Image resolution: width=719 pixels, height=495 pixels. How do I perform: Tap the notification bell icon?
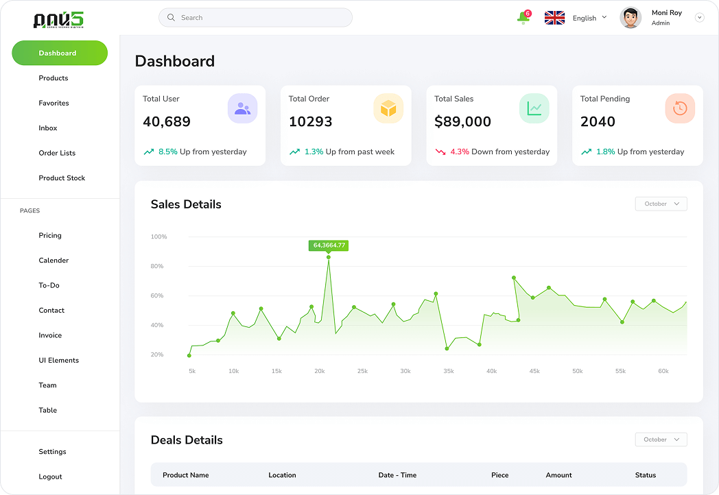[x=523, y=18]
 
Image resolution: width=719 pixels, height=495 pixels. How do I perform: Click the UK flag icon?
[x=554, y=18]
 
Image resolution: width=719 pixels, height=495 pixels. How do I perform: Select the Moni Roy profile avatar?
[x=630, y=18]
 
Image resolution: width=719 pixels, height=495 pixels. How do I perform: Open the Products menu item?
[x=54, y=78]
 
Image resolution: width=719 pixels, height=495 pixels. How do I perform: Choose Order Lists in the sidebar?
[x=57, y=153]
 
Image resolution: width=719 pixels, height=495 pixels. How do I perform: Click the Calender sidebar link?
[x=54, y=261]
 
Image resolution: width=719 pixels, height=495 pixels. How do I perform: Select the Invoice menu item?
[x=50, y=335]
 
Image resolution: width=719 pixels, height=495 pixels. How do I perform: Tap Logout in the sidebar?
[x=50, y=476]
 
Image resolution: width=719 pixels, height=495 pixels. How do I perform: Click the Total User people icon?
[x=242, y=108]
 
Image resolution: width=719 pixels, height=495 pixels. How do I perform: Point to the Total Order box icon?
[x=388, y=108]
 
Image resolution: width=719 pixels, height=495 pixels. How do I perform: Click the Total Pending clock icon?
[x=680, y=108]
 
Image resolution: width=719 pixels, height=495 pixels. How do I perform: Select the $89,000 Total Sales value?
[x=462, y=122]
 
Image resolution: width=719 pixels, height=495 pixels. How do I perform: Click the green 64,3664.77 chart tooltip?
[x=329, y=245]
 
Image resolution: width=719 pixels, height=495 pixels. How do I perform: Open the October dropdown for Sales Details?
[x=661, y=204]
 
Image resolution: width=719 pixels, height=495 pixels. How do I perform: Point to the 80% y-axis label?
[x=158, y=266]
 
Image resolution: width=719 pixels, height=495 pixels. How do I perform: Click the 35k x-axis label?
[x=448, y=371]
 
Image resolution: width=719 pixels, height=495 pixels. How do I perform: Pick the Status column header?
[x=645, y=475]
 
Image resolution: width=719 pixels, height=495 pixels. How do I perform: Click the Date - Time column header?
[x=397, y=475]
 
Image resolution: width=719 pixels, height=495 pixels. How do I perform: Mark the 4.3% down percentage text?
[x=460, y=152]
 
